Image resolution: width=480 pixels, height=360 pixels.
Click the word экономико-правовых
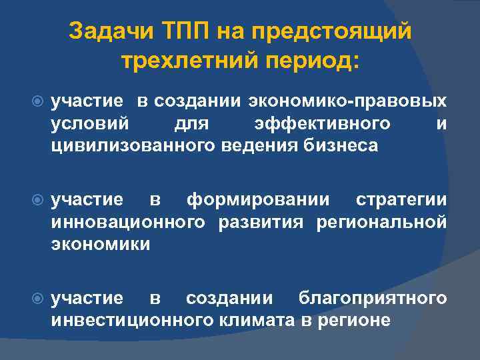coord(348,101)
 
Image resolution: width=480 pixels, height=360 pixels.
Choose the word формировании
coord(258,199)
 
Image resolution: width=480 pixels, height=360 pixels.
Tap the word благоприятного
coord(373,297)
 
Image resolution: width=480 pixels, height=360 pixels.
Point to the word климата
coord(257,319)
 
